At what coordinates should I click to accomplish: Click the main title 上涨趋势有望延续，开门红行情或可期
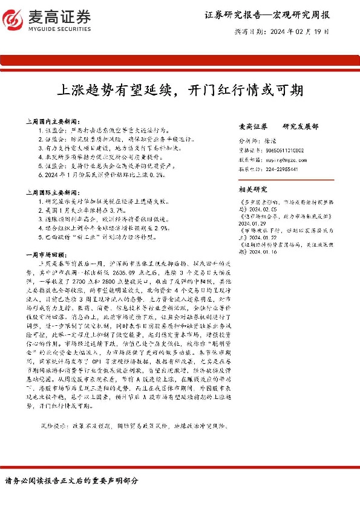click(x=179, y=90)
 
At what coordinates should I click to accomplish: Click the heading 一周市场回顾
click(x=48, y=254)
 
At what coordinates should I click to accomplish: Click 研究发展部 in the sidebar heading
click(x=301, y=127)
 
